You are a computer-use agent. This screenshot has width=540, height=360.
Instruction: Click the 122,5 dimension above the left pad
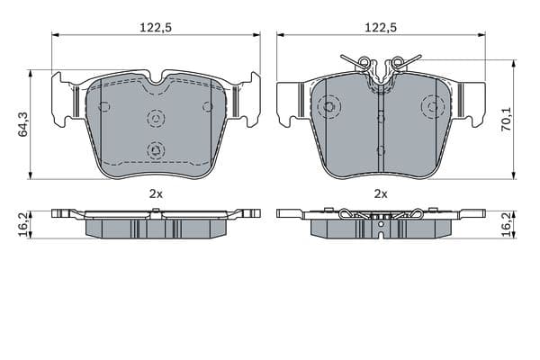(x=156, y=27)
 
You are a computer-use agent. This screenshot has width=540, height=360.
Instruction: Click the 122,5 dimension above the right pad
(x=381, y=27)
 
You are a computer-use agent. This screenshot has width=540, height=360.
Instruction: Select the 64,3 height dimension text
(x=23, y=124)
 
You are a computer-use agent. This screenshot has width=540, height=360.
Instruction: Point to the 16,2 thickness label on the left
(x=23, y=225)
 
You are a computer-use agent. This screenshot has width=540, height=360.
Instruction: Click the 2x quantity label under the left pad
(x=156, y=194)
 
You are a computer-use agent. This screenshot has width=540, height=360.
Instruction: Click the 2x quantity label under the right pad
(x=381, y=194)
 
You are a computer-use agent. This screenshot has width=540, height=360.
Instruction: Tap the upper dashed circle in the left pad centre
(x=156, y=119)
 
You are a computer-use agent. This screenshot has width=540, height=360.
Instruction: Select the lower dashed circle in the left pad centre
(x=156, y=150)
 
